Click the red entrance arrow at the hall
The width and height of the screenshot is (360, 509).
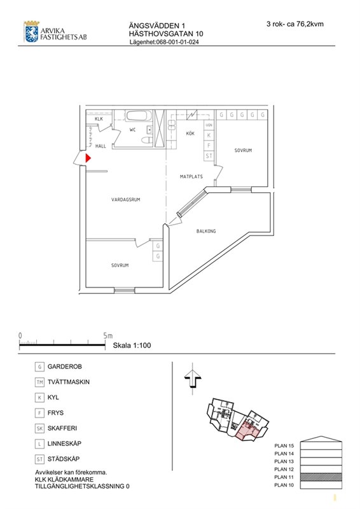[88, 158]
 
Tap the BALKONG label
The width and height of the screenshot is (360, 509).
[206, 231]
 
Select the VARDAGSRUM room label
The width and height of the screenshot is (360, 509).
[126, 200]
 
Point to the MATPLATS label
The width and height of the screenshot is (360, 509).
[191, 177]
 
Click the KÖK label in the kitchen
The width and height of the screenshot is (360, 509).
[190, 133]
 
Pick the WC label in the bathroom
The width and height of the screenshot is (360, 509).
[132, 130]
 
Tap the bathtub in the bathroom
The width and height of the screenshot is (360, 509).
[139, 116]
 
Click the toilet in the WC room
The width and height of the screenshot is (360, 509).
[147, 140]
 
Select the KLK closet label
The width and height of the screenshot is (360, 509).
[99, 119]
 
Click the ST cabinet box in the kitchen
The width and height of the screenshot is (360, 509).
[209, 156]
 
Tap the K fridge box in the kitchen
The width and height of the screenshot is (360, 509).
[209, 136]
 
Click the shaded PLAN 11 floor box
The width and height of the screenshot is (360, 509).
[321, 477]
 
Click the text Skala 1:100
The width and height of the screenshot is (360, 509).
[132, 345]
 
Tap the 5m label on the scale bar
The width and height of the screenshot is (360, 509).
[107, 336]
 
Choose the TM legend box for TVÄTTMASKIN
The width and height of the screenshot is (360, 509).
[39, 382]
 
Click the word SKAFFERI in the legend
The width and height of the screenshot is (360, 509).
[62, 428]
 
